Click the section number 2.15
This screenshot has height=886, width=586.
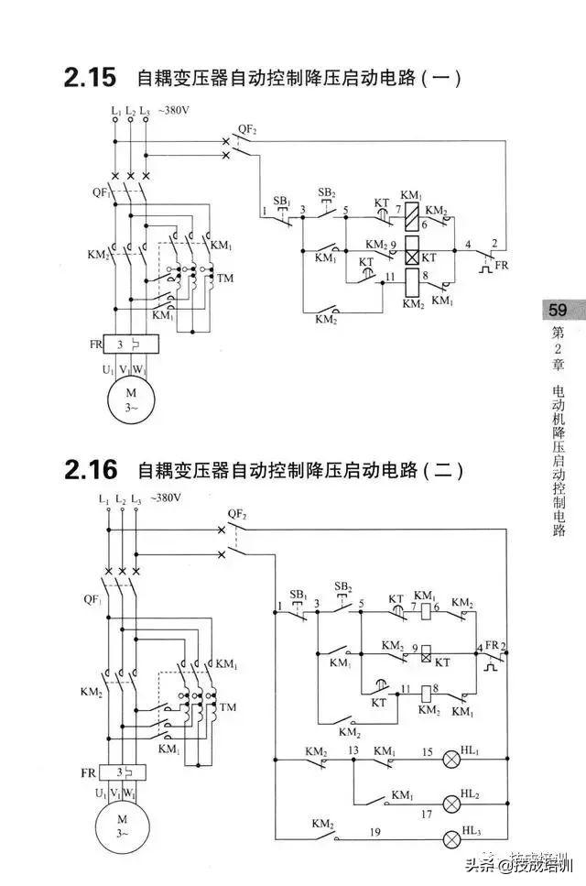pyautogui.click(x=90, y=78)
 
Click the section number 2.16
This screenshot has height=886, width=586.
pyautogui.click(x=91, y=471)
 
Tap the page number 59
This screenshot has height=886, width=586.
pyautogui.click(x=559, y=310)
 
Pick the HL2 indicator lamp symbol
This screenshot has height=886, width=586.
pyautogui.click(x=451, y=804)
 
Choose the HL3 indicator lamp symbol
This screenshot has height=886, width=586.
pyautogui.click(x=451, y=839)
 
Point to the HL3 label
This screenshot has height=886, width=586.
pyautogui.click(x=472, y=831)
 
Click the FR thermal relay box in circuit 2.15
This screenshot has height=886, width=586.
pyautogui.click(x=126, y=345)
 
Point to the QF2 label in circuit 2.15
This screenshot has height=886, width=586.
pyautogui.click(x=247, y=129)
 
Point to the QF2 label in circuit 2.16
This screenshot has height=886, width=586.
pyautogui.click(x=237, y=515)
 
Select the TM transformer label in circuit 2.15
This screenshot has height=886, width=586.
pyautogui.click(x=225, y=276)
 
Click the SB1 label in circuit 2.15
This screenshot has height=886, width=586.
pyautogui.click(x=281, y=200)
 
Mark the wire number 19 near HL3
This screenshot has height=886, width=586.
pyautogui.click(x=375, y=833)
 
